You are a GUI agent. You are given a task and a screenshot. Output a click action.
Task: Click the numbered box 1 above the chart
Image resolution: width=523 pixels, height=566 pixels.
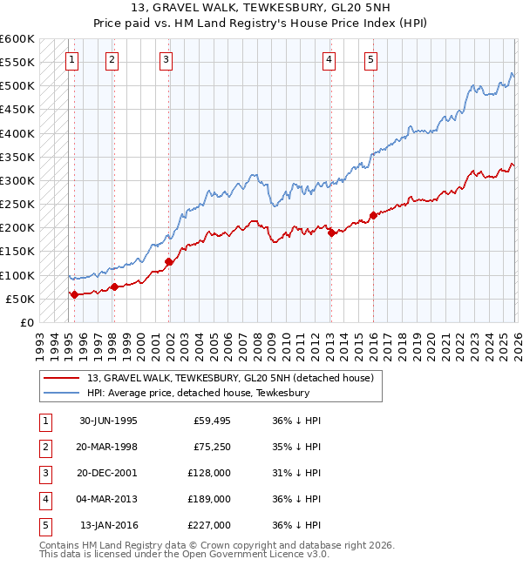pyautogui.click(x=71, y=60)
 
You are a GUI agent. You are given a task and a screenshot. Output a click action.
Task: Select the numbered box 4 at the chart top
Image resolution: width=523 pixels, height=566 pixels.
pyautogui.click(x=329, y=60)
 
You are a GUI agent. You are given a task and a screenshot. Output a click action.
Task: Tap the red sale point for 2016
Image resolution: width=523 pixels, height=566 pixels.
pyautogui.click(x=373, y=215)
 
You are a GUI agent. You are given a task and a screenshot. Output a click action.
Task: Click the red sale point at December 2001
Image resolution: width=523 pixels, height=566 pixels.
pyautogui.click(x=169, y=261)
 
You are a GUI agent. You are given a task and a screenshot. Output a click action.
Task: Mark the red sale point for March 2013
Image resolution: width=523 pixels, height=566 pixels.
pyautogui.click(x=331, y=232)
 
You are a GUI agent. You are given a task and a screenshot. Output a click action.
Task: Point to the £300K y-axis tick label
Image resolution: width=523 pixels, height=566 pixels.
pyautogui.click(x=17, y=181)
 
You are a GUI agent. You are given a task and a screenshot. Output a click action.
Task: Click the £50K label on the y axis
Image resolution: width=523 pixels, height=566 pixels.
pyautogui.click(x=20, y=299)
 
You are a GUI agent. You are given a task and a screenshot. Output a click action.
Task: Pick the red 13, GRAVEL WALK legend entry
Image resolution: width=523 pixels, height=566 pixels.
pyautogui.click(x=230, y=378)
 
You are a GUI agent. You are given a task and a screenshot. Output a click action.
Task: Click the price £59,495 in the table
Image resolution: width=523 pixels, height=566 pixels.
pyautogui.click(x=212, y=421)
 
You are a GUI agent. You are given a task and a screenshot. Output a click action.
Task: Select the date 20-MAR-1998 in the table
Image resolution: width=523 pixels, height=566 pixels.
pyautogui.click(x=108, y=447)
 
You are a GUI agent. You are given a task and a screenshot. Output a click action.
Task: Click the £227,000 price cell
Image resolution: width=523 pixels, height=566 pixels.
pyautogui.click(x=209, y=525)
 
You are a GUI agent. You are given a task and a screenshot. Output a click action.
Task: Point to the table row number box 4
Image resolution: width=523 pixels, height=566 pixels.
pyautogui.click(x=44, y=499)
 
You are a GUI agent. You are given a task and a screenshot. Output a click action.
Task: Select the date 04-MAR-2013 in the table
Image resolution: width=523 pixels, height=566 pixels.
pyautogui.click(x=108, y=499)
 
